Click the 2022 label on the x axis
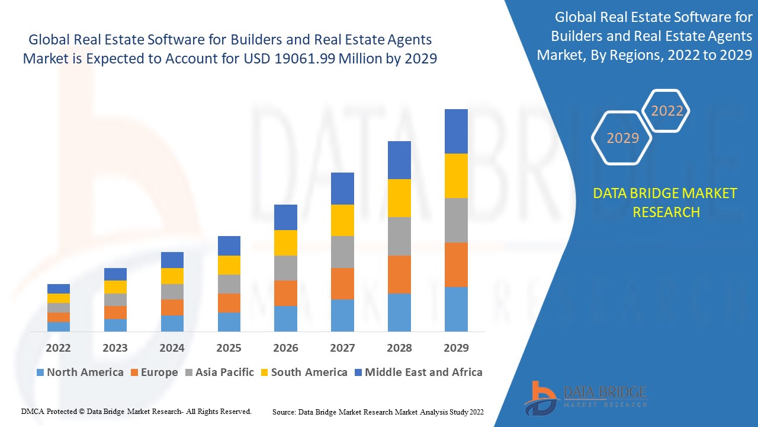(58, 348)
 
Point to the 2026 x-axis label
(285, 348)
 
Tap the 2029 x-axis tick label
(456, 348)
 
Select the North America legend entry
(80, 372)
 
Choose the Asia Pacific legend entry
(220, 372)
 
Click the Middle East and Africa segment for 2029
(456, 131)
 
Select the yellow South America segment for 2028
(399, 198)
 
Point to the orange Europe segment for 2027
(342, 283)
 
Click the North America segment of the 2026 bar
(285, 318)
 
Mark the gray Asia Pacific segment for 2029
(456, 220)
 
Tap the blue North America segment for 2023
(115, 325)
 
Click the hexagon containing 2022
(667, 111)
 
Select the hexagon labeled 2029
(622, 138)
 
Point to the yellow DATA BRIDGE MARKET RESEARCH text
(666, 203)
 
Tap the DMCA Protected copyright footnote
(136, 411)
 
